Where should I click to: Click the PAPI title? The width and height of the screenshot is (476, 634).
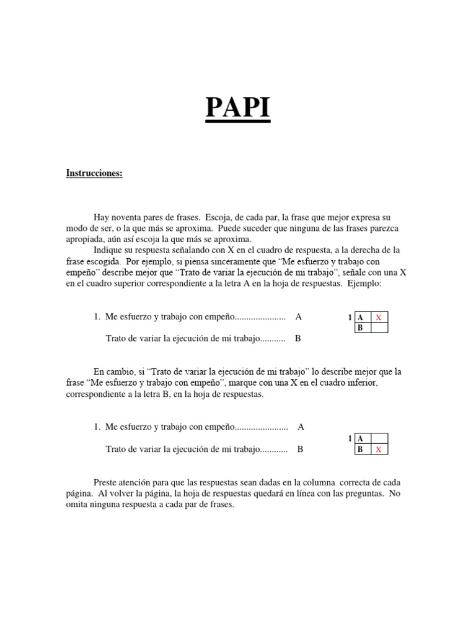[x=238, y=108]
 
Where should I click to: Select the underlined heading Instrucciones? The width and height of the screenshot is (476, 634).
[x=94, y=173]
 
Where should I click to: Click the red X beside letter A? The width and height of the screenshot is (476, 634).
[x=379, y=318]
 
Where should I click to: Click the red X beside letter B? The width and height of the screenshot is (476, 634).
[x=379, y=449]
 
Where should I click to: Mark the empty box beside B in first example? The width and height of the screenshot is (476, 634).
[x=379, y=328]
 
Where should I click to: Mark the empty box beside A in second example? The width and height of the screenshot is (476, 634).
[x=379, y=439]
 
